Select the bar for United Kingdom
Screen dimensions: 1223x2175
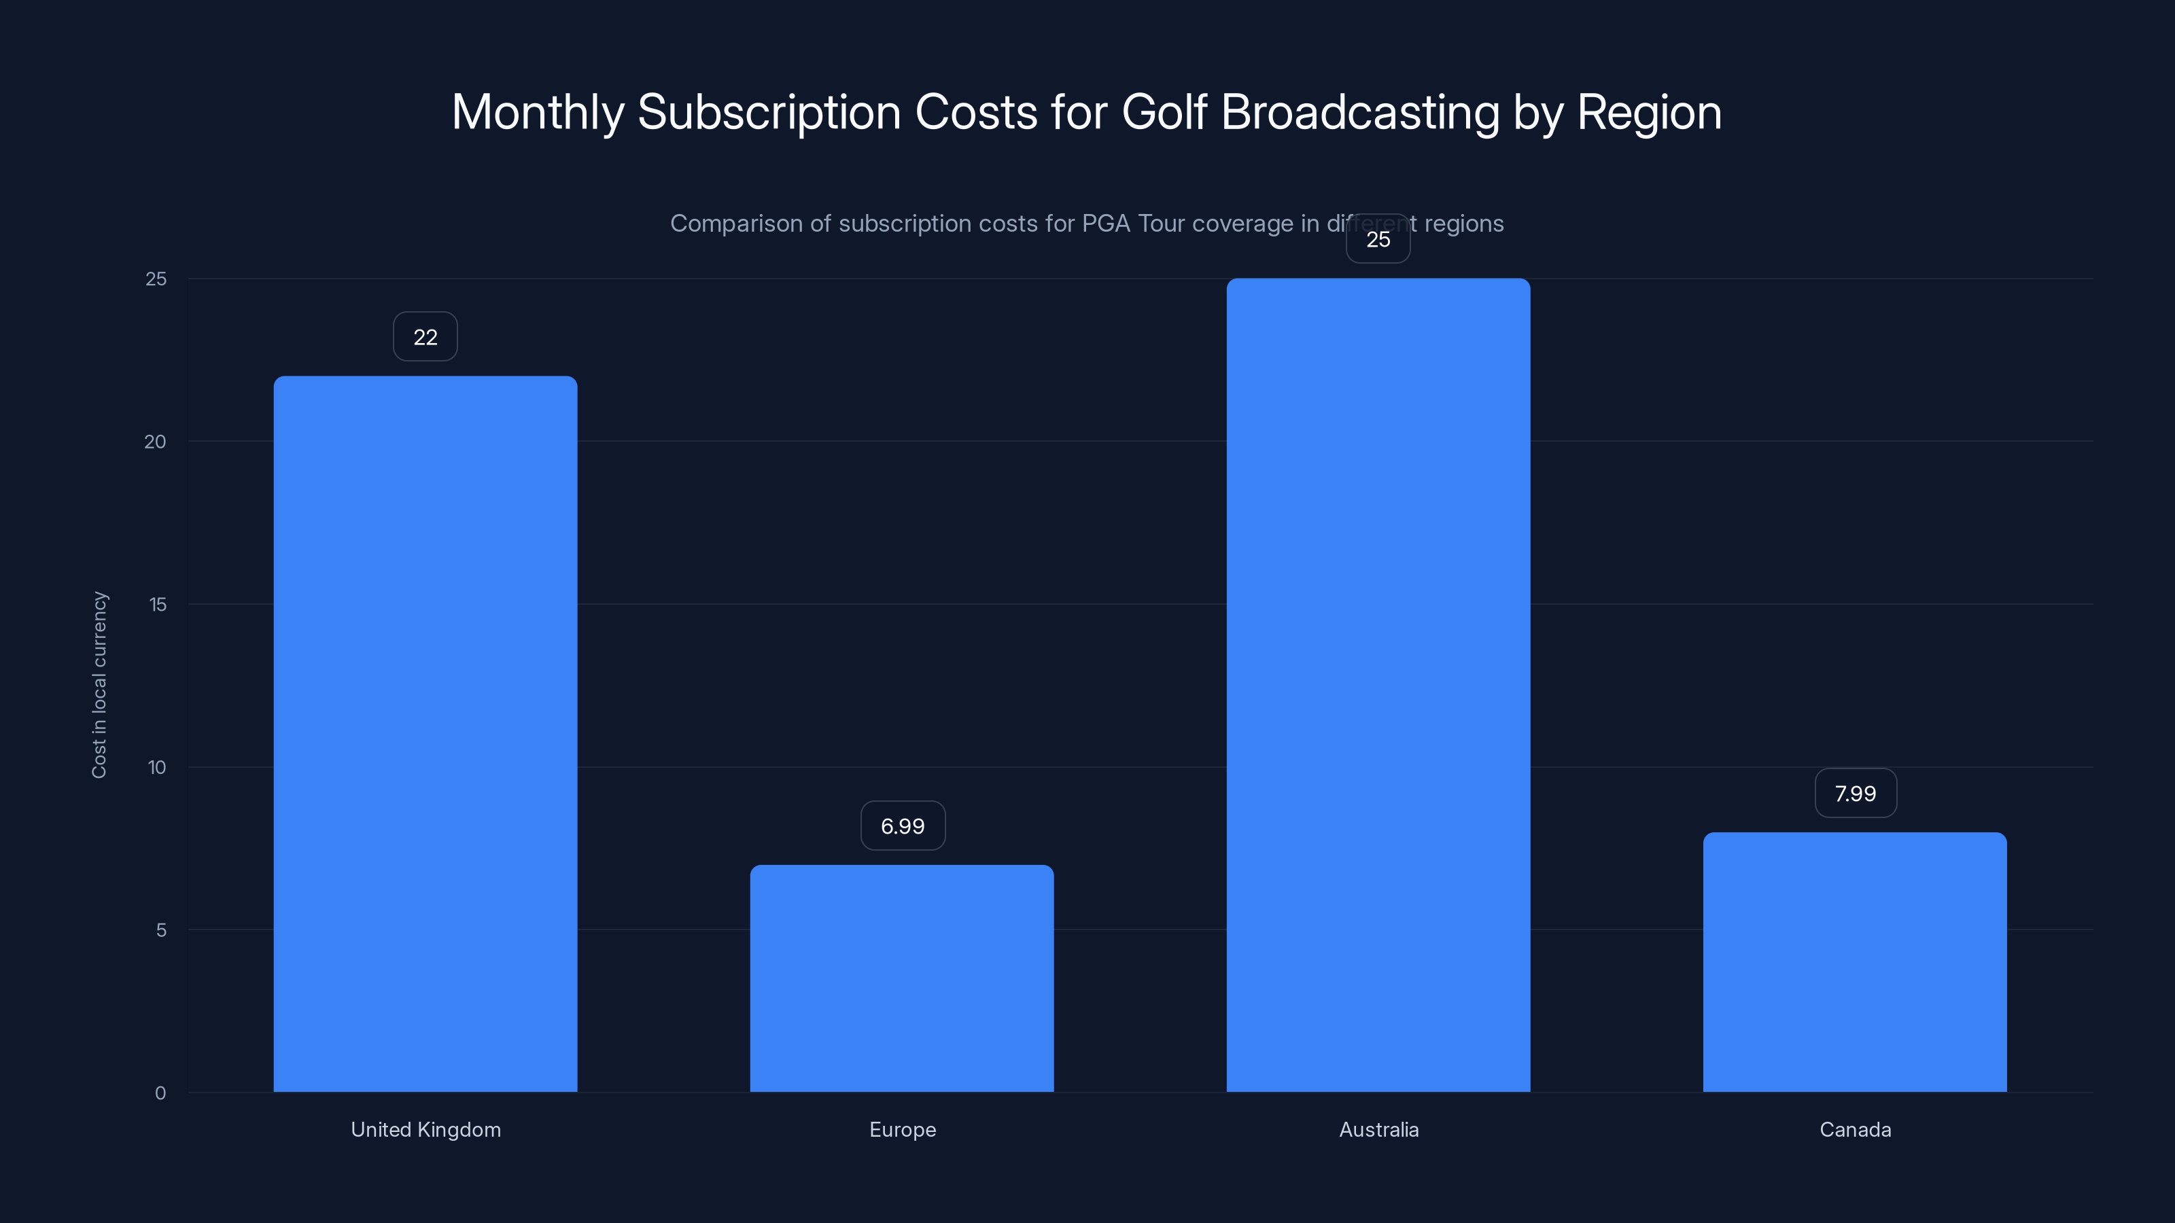point(425,734)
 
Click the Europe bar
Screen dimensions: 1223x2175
point(902,979)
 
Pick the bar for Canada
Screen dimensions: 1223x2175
point(1854,962)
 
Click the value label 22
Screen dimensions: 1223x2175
point(425,337)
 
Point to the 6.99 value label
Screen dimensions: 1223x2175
point(902,826)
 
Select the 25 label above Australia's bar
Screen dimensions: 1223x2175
point(1378,240)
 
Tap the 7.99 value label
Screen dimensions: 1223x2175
point(1855,794)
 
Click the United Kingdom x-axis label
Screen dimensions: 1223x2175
point(425,1129)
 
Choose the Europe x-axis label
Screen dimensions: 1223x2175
point(902,1129)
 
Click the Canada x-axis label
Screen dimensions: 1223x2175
point(1854,1129)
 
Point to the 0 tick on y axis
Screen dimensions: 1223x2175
point(160,1093)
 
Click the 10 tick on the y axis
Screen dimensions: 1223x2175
point(156,767)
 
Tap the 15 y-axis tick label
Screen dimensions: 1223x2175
point(157,604)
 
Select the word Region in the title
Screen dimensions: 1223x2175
point(1648,112)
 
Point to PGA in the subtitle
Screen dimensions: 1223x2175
point(1105,224)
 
